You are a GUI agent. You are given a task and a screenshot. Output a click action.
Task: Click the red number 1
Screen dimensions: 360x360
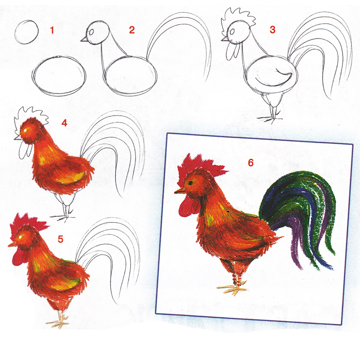tap(52, 30)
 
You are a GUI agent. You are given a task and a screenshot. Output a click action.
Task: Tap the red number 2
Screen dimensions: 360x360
tap(132, 30)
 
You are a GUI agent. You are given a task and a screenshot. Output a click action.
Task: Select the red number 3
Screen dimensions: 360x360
tap(272, 30)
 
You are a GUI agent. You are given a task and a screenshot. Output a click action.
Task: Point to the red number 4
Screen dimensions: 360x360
tap(64, 123)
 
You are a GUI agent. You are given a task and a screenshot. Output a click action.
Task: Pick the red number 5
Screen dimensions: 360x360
tap(61, 239)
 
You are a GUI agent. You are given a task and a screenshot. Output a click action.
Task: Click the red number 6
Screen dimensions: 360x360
tap(251, 163)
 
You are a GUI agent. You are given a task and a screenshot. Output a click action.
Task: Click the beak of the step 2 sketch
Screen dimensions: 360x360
tap(83, 39)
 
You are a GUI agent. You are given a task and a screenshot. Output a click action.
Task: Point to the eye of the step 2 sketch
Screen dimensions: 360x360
tap(91, 32)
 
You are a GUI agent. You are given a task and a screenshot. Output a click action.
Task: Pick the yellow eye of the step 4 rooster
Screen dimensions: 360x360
tap(25, 130)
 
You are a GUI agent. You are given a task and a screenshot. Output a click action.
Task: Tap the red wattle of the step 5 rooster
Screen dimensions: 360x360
tap(19, 258)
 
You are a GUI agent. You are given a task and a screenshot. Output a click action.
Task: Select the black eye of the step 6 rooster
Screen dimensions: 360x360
tap(191, 183)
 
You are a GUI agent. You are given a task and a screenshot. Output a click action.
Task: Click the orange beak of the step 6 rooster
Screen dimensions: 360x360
tap(180, 190)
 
